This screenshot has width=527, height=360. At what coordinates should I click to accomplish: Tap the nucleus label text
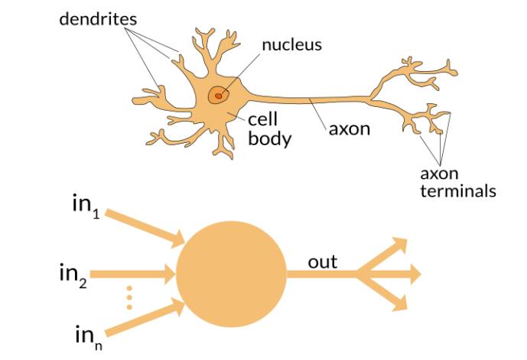pos(291,44)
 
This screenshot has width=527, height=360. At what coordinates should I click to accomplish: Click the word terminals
pos(457,190)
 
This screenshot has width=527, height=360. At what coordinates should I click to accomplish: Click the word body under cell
pos(269,140)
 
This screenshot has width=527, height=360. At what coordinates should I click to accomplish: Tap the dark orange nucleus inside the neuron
pos(219,96)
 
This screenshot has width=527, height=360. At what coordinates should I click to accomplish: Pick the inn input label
pos(86,334)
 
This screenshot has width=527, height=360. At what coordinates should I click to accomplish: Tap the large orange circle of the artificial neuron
pos(231,274)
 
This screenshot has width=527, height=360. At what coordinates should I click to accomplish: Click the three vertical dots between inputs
pos(129,297)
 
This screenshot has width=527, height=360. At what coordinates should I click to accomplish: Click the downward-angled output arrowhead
pos(399,303)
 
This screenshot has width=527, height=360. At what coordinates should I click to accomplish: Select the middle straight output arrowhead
pos(413,273)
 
